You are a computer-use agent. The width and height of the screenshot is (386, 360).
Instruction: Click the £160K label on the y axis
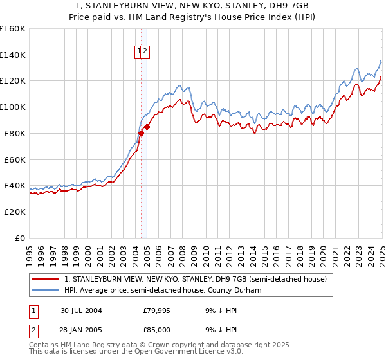click(13, 29)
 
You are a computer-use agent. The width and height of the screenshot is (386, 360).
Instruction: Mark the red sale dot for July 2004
click(141, 133)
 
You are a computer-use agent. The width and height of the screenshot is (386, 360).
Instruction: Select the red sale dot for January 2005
click(147, 127)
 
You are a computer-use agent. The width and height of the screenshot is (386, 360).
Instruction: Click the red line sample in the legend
click(46, 279)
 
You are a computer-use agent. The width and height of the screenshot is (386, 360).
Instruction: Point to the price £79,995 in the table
click(156, 310)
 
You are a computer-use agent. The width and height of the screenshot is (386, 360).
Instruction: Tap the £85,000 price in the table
click(156, 329)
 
